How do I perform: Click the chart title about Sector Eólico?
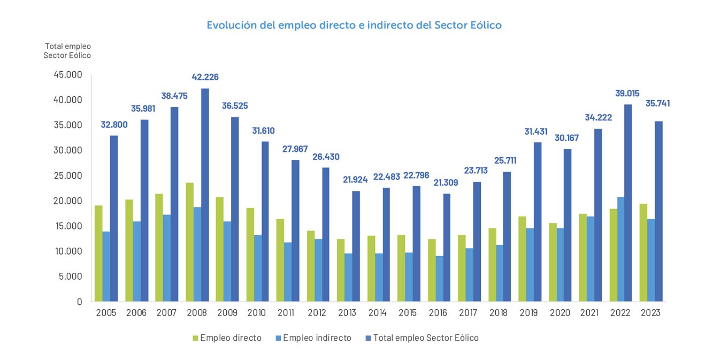click(x=354, y=25)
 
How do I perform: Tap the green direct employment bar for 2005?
click(x=98, y=253)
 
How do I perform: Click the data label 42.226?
click(x=205, y=77)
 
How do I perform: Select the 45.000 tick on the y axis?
click(x=68, y=75)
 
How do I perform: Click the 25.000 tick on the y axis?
click(x=68, y=175)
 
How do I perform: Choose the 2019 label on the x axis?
click(x=529, y=313)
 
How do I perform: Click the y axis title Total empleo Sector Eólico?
click(x=67, y=51)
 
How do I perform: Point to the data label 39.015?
click(x=627, y=93)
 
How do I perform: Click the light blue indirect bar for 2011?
click(x=288, y=272)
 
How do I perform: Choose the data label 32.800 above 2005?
click(x=114, y=125)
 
